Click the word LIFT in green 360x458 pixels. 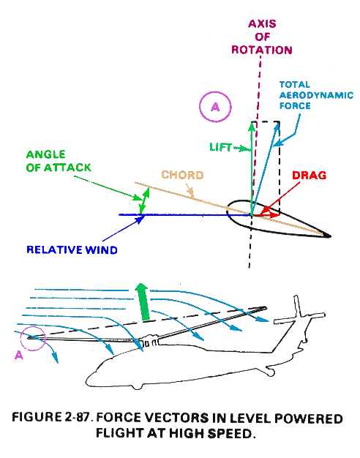click(x=221, y=147)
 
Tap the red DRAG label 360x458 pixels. click(x=310, y=176)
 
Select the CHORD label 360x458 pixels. click(x=183, y=175)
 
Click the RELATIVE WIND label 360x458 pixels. click(x=72, y=249)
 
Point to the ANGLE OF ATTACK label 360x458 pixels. click(x=59, y=161)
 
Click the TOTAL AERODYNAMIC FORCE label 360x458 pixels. click(x=316, y=95)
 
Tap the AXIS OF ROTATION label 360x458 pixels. click(x=262, y=37)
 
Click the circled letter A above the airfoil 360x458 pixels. click(x=215, y=107)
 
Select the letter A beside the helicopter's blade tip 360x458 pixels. click(x=19, y=355)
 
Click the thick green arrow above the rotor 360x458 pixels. click(x=143, y=302)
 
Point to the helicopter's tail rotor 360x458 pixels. click(x=300, y=312)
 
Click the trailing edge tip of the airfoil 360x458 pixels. click(x=329, y=236)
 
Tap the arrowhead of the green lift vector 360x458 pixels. click(x=252, y=126)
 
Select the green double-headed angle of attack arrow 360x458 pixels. click(x=144, y=201)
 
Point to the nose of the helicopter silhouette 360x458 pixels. click(x=88, y=380)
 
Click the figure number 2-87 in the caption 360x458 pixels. click(x=76, y=417)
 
